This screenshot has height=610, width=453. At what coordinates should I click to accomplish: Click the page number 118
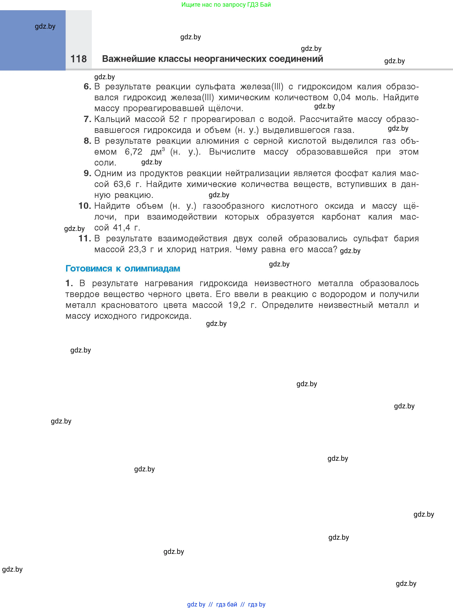(78, 59)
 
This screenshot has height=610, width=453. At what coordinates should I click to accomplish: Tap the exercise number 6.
(87, 87)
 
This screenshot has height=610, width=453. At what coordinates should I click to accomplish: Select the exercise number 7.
(87, 119)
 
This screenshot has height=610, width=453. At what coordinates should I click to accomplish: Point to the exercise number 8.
(87, 141)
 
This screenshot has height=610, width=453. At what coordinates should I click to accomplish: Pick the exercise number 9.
(87, 173)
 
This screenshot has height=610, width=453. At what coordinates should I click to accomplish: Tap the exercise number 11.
(84, 238)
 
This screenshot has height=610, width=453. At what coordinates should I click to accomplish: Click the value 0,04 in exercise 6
(342, 97)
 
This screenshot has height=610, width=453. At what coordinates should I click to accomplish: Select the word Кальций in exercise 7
(112, 119)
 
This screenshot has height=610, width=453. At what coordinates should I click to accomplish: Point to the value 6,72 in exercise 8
(133, 152)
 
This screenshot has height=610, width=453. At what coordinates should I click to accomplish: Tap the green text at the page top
(226, 5)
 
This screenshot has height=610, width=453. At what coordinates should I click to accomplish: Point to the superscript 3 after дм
(163, 149)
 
